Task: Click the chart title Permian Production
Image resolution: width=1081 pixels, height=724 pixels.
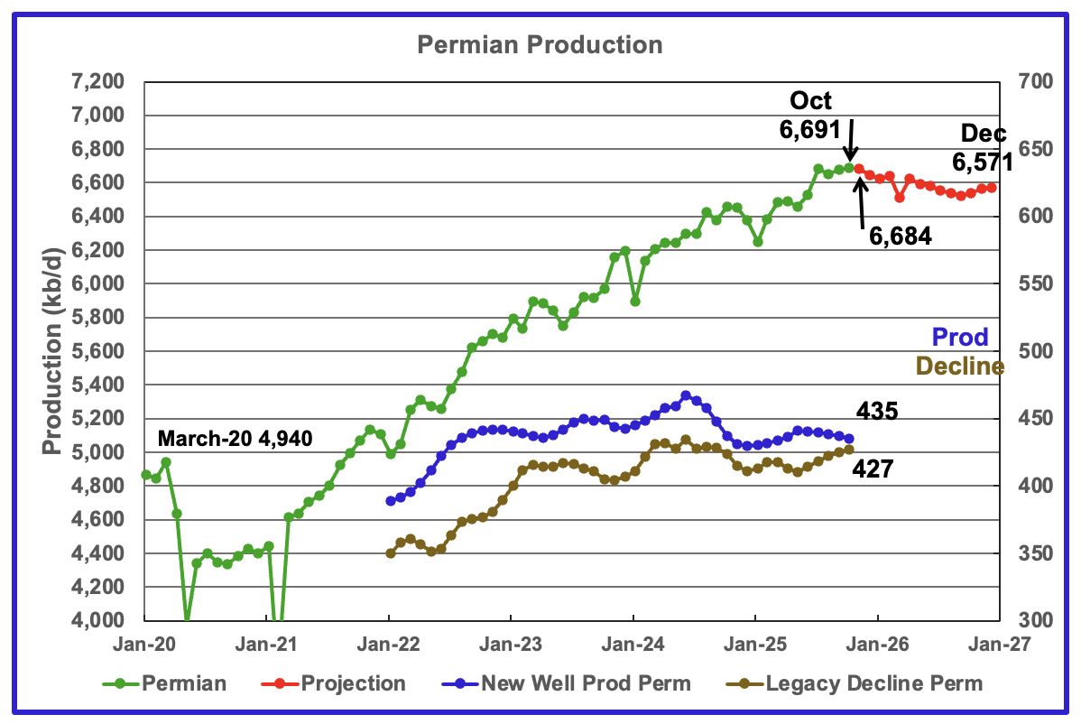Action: [x=539, y=44]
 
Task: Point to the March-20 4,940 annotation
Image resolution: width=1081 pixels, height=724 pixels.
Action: [x=235, y=440]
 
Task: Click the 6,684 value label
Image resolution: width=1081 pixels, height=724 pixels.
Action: [x=901, y=237]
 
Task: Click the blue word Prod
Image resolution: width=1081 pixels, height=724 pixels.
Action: [x=959, y=338]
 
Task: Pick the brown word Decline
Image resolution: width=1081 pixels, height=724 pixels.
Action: [x=959, y=366]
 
